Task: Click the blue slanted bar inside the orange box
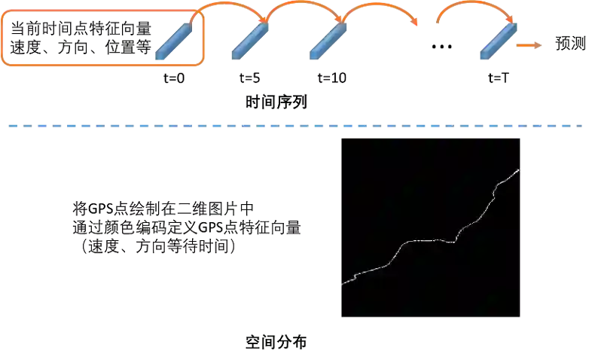(173, 41)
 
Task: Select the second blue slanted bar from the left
(250, 41)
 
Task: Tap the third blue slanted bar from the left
(328, 41)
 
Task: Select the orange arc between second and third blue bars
(301, 4)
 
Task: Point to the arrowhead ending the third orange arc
(416, 27)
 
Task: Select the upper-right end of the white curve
(519, 170)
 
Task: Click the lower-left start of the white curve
(340, 285)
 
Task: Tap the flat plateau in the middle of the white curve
(429, 240)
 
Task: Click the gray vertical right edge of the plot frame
(522, 226)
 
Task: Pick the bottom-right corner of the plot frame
(522, 318)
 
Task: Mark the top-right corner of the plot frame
(522, 138)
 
